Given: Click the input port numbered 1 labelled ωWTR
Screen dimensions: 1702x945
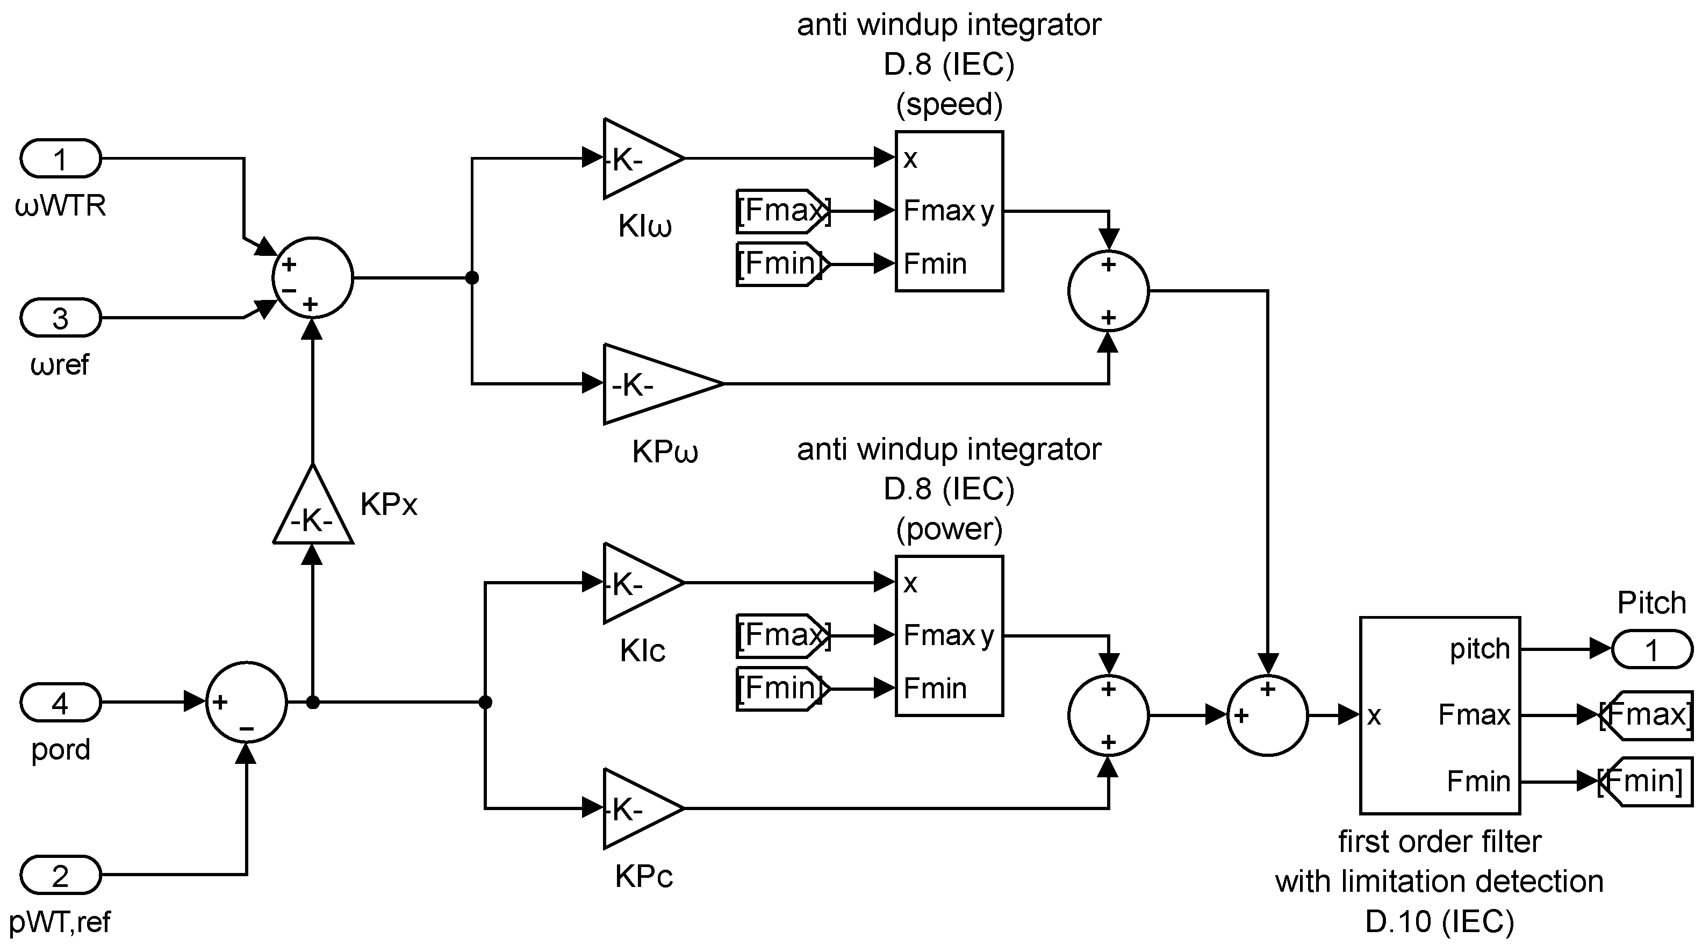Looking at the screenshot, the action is [60, 159].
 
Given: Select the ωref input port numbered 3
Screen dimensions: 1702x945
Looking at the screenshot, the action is [60, 318].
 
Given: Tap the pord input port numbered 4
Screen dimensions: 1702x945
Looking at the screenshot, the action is [60, 703].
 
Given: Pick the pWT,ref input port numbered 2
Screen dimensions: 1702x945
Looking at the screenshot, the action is [60, 875].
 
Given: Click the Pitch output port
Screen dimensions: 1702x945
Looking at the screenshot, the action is [1652, 649].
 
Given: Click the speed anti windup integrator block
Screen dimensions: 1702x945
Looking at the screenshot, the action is [950, 211].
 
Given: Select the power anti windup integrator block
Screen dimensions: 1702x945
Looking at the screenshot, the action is [950, 636].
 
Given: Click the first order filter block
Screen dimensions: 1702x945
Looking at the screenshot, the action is [1440, 715].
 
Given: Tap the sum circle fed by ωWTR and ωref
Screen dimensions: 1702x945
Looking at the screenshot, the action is [313, 277].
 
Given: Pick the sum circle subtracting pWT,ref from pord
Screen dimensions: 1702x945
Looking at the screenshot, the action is [247, 702].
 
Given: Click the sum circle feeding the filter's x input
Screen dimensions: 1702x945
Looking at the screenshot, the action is [1267, 715].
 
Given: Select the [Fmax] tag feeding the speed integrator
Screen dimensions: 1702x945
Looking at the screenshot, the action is [783, 211].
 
